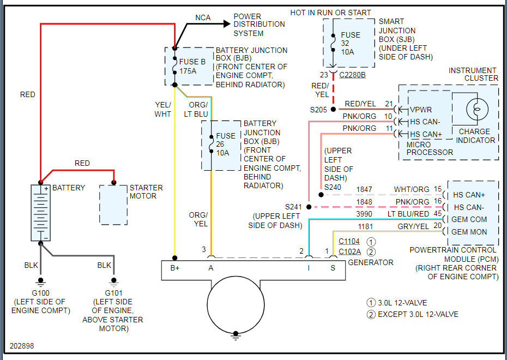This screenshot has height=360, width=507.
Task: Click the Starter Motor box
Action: [x=113, y=205]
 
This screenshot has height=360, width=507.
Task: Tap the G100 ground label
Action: [x=40, y=293]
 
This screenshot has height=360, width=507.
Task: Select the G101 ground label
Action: [x=113, y=293]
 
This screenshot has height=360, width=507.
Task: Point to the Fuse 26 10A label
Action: [x=226, y=144]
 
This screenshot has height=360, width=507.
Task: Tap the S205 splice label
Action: [x=318, y=110]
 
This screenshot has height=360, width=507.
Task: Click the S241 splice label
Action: [x=293, y=207]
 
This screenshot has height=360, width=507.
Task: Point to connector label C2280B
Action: [x=352, y=74]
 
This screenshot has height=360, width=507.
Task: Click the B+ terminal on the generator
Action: [x=174, y=268]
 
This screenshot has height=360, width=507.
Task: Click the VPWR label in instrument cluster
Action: [x=421, y=110]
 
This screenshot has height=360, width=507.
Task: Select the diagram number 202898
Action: [x=22, y=346]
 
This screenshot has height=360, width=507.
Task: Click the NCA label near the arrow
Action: [x=203, y=18]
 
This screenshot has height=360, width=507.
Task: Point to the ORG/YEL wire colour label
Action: [x=198, y=219]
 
